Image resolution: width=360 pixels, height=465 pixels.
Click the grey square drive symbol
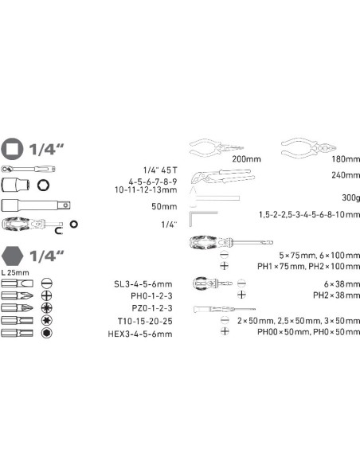pyautogui.click(x=12, y=149)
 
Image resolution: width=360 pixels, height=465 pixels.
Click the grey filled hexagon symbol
pyautogui.click(x=12, y=256)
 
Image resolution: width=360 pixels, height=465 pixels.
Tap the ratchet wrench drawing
pyautogui.click(x=28, y=169)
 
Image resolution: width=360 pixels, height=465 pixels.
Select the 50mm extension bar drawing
pyautogui.click(x=36, y=205)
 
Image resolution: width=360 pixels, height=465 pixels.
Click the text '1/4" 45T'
pyautogui.click(x=160, y=170)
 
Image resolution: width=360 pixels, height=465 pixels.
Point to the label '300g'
pyautogui.click(x=350, y=197)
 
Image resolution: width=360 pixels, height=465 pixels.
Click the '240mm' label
pyautogui.click(x=346, y=175)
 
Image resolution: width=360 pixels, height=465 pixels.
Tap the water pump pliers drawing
pyautogui.click(x=223, y=177)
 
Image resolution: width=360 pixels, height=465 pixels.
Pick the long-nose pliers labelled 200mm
pyautogui.click(x=217, y=147)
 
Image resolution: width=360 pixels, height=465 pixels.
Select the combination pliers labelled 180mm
pyautogui.click(x=308, y=147)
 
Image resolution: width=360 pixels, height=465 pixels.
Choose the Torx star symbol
pyautogui.click(x=46, y=320)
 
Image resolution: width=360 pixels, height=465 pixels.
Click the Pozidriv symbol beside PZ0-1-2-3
pyautogui.click(x=46, y=308)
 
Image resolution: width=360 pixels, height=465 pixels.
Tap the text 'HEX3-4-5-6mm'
pyautogui.click(x=140, y=334)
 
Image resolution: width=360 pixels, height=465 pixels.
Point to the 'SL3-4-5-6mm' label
pyautogui.click(x=143, y=284)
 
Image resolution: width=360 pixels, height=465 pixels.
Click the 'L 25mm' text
pyautogui.click(x=15, y=272)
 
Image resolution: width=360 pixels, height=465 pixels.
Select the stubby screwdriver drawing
pyautogui.click(x=213, y=283)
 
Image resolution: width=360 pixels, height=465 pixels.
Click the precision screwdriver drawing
pyautogui.click(x=224, y=309)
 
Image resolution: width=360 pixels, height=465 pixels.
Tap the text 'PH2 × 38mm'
pyautogui.click(x=337, y=295)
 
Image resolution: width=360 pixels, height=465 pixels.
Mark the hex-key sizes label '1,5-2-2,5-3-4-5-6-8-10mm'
pyautogui.click(x=309, y=214)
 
